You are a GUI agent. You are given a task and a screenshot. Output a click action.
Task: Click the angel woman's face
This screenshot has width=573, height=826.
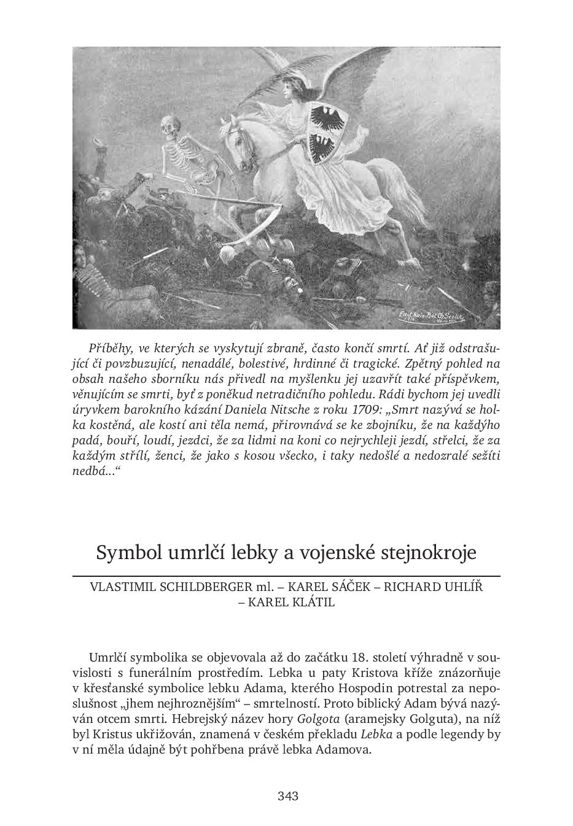pos(286,90)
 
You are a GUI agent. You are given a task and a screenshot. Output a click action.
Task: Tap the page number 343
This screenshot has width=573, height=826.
pos(287,797)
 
